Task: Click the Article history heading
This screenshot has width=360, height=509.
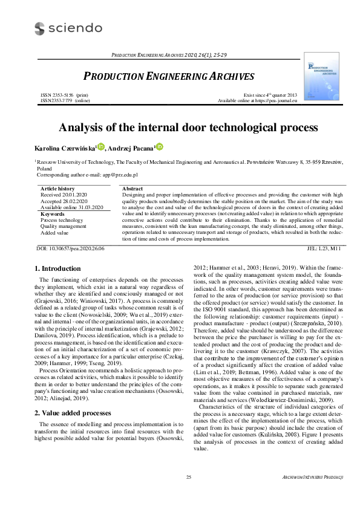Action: click(57, 189)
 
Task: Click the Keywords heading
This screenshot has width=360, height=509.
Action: click(52, 214)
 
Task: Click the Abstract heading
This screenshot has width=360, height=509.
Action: click(133, 189)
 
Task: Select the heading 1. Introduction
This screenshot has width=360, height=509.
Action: click(57, 268)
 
